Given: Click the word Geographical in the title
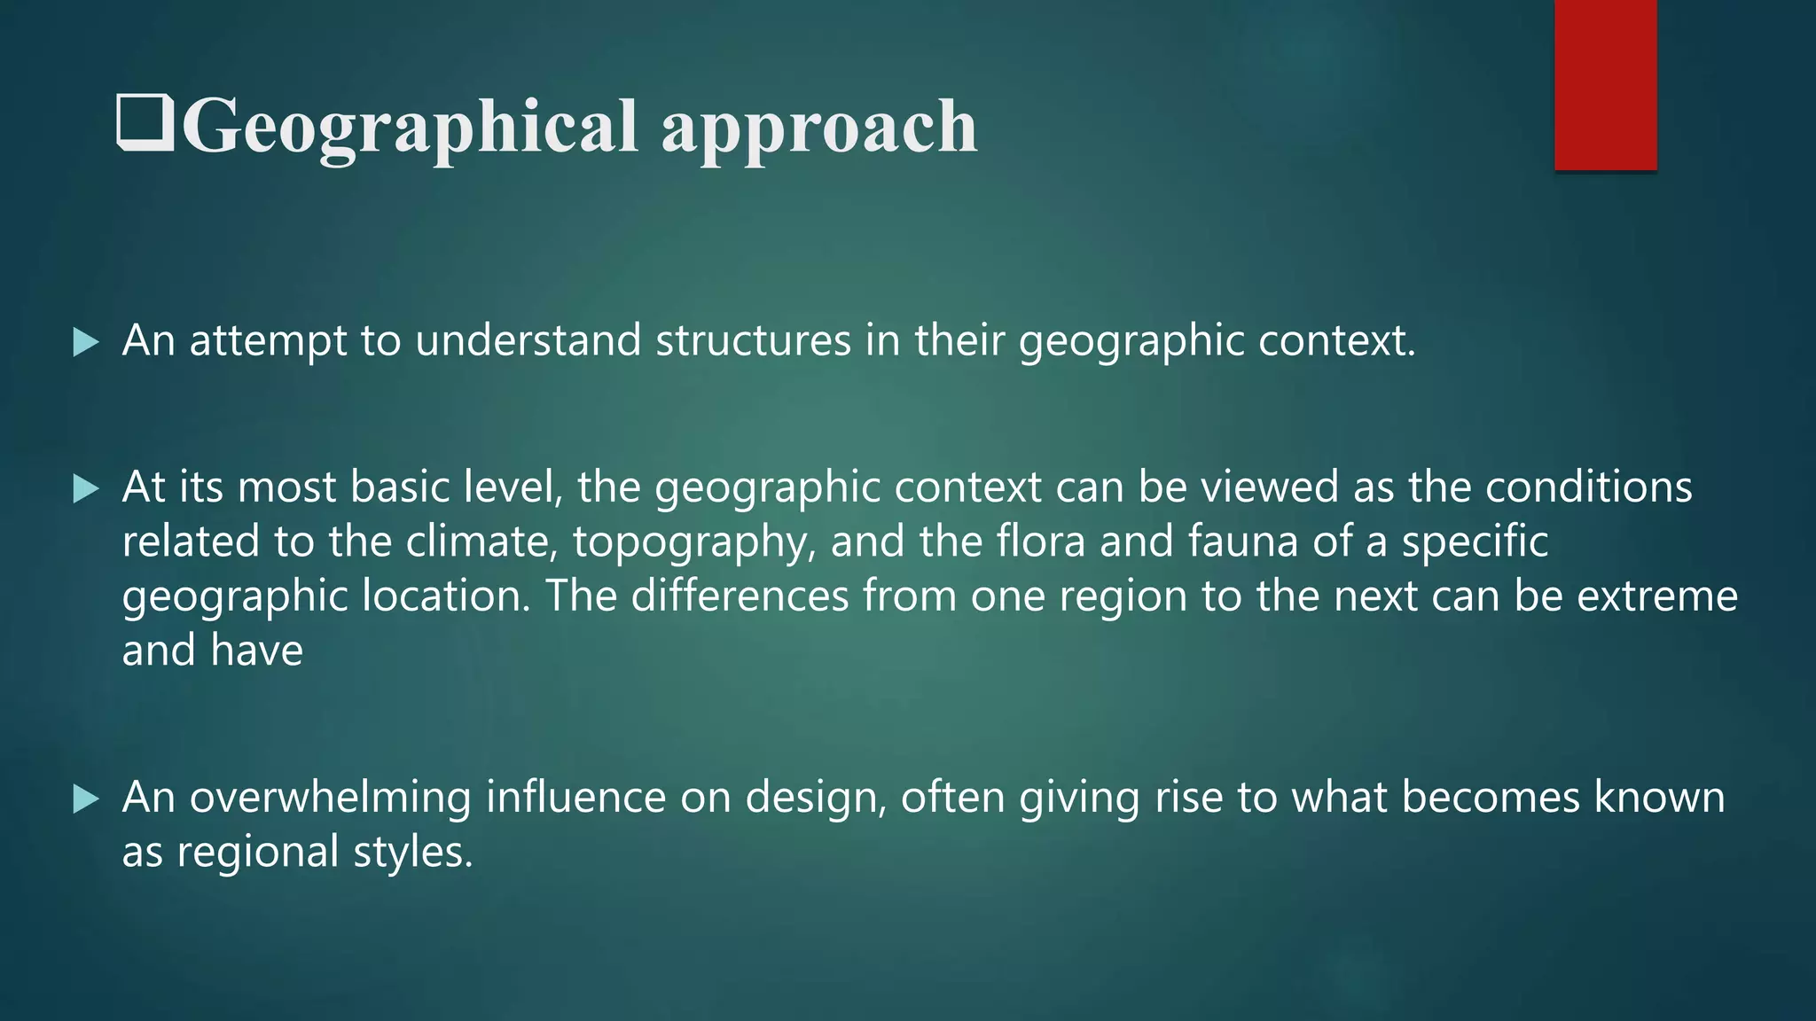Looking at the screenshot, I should tap(410, 127).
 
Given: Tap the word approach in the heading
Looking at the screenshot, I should tap(818, 127).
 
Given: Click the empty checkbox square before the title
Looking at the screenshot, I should tap(145, 124).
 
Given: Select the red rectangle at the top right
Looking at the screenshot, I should tap(1605, 84).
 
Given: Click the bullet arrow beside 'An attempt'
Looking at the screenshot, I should tap(86, 342).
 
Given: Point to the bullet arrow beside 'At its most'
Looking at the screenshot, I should tap(86, 488).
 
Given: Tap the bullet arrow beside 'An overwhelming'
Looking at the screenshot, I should tap(86, 799).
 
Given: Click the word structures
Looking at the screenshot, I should tap(753, 341).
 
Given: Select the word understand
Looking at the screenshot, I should tap(528, 341).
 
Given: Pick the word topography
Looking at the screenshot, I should tap(694, 542).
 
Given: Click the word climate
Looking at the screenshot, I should tap(481, 542).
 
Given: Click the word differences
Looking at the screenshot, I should tap(740, 596).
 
